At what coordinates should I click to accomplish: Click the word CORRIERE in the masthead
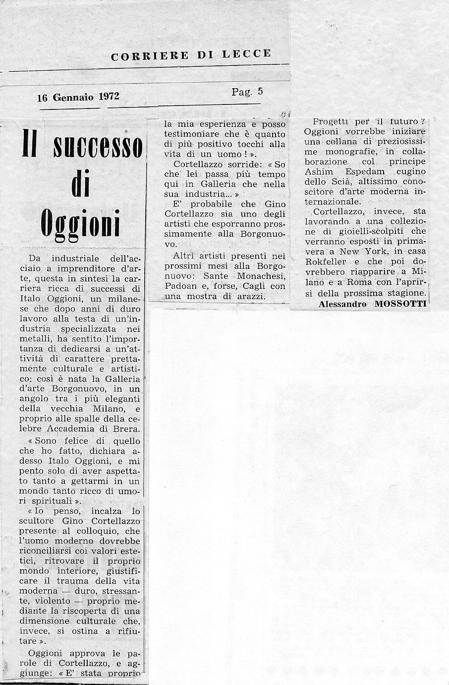coord(150,56)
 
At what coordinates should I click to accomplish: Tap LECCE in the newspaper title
coord(247,53)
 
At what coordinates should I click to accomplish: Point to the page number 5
coord(260,92)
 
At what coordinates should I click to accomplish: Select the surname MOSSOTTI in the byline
coord(401,304)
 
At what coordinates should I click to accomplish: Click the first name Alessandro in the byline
coord(342,304)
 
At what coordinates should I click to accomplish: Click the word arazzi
coord(251,296)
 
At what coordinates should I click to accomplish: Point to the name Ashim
coord(319,171)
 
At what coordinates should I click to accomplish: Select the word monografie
coord(353,152)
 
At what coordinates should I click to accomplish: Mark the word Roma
coord(347,282)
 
